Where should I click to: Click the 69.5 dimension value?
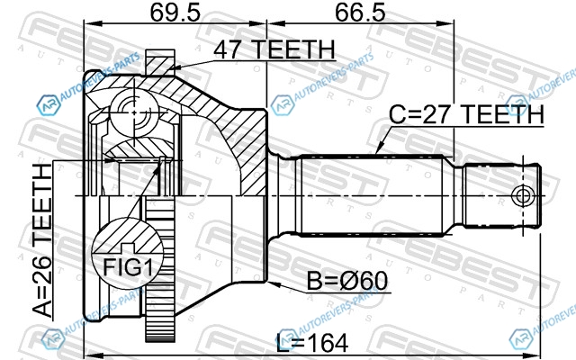pos(175,12)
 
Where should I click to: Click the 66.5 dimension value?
pos(360,12)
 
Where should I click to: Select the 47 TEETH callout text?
pos(274,49)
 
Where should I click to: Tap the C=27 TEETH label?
pos(466,114)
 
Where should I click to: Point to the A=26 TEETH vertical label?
pos(42,240)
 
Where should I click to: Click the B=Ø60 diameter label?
pos(347,281)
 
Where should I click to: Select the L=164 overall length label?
pos(312,343)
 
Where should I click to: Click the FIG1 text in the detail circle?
pos(128,266)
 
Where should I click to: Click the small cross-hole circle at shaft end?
pos(523,195)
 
